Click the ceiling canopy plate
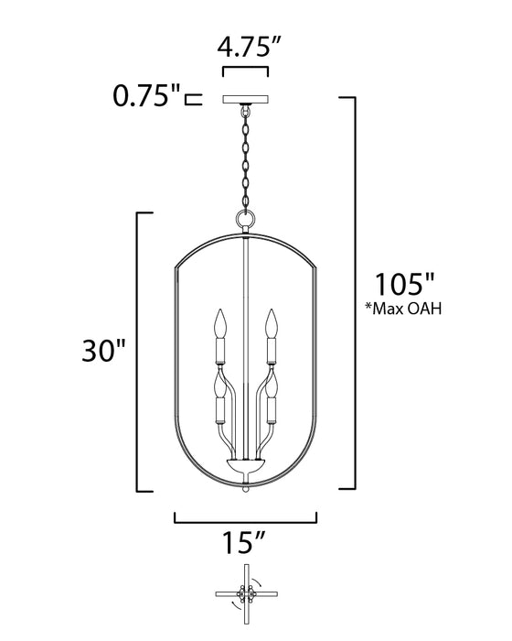[245, 98]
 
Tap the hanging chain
[245, 156]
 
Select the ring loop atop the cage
[245, 221]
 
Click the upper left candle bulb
[219, 322]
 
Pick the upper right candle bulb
[272, 322]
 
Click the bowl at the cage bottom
[245, 468]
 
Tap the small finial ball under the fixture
[245, 491]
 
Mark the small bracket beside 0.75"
[193, 98]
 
